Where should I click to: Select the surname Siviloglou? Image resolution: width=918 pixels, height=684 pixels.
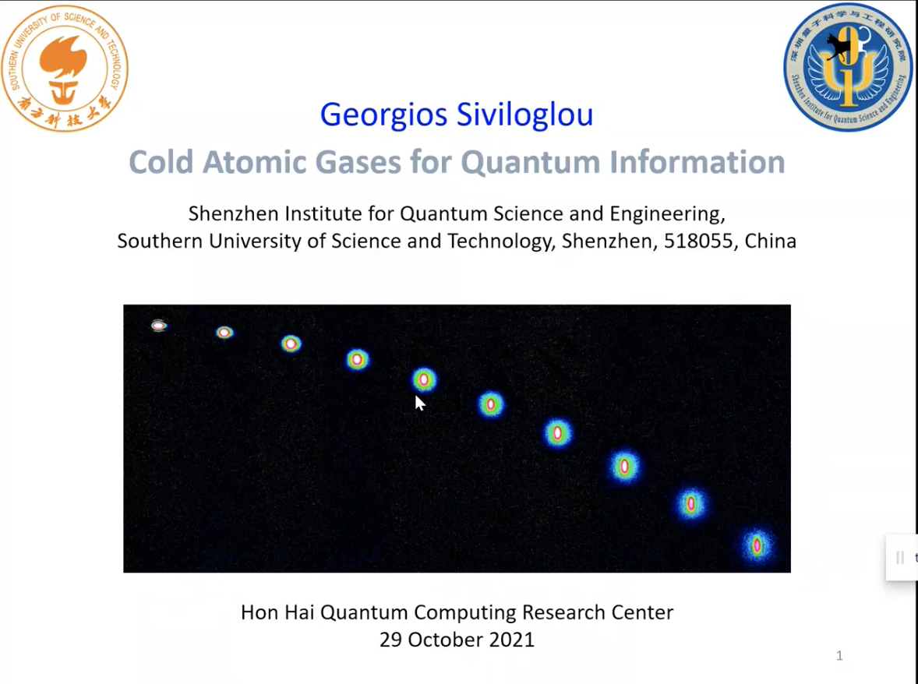pos(525,114)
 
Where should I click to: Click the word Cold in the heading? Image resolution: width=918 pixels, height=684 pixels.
pos(161,162)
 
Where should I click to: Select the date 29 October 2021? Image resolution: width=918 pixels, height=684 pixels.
pos(457,640)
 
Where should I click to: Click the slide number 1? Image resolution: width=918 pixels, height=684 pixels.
pos(839,655)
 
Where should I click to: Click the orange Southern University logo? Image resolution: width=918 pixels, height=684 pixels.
pos(65,69)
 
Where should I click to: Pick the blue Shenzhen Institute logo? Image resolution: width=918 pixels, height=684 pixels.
pos(848,67)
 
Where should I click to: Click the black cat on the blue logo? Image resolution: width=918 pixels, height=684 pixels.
pos(837,47)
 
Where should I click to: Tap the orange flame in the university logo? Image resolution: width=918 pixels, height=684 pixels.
pos(63,56)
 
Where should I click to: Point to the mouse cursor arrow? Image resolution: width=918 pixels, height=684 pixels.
pos(420,403)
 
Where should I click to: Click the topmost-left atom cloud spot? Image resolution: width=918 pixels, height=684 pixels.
pos(159,326)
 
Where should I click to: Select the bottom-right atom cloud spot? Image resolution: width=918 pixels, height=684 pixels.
pos(757,545)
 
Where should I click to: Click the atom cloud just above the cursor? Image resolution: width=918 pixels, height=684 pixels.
pos(424,380)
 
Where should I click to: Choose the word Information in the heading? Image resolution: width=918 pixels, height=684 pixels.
pos(697,162)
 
